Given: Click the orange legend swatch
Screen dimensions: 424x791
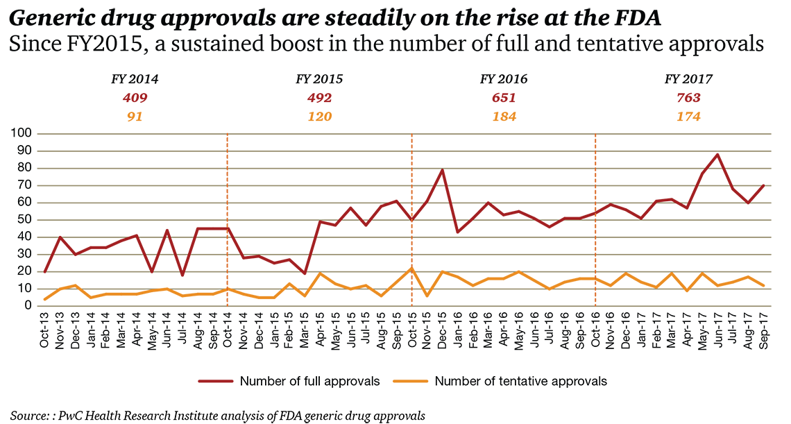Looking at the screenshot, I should (409, 381).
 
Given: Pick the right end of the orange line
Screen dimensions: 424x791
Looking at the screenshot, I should (765, 282).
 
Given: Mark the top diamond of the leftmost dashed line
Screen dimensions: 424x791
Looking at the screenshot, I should (226, 142).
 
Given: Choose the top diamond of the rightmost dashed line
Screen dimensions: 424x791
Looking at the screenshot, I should (596, 142).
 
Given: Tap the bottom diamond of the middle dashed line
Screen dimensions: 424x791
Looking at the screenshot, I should (411, 298).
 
